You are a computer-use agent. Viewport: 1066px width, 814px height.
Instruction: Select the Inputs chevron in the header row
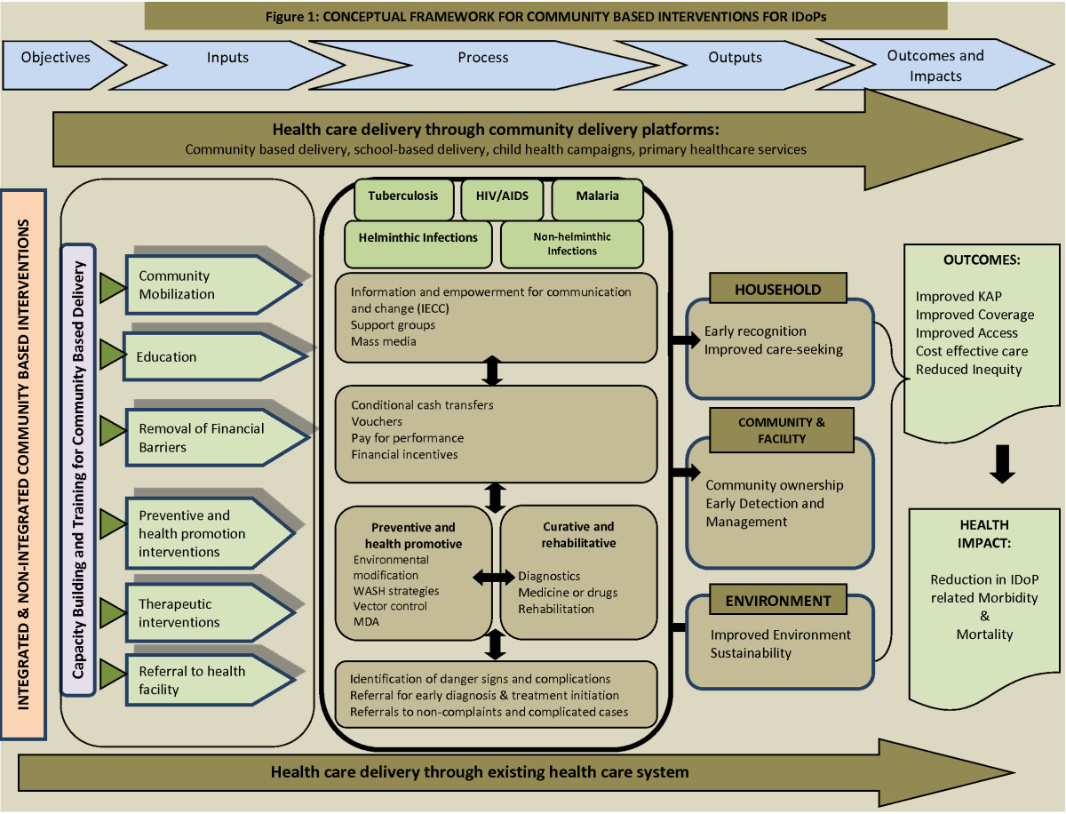click(x=228, y=58)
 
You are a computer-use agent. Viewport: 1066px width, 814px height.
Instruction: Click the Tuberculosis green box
click(x=404, y=197)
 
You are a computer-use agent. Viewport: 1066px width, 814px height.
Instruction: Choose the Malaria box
click(x=597, y=197)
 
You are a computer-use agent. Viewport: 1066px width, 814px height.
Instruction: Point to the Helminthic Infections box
click(x=418, y=238)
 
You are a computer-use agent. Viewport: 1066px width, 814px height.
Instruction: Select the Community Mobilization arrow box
click(x=204, y=285)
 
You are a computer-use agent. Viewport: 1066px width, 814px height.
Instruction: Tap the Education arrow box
click(x=204, y=356)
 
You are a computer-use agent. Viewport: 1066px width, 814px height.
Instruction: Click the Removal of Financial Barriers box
click(x=204, y=437)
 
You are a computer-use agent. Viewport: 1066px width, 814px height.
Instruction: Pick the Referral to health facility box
click(x=204, y=680)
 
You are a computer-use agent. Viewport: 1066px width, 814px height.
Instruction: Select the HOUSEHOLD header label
click(x=778, y=290)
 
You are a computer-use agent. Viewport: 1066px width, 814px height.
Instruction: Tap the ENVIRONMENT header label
click(x=778, y=601)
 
